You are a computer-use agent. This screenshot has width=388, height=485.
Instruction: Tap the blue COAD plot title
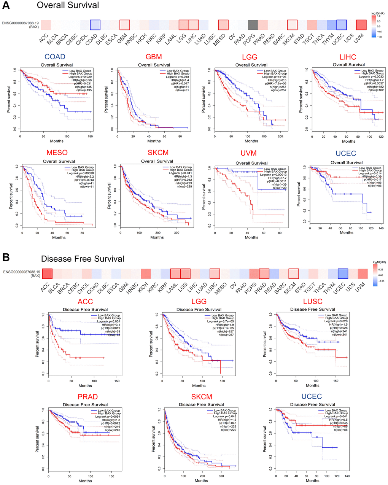[x=55, y=57]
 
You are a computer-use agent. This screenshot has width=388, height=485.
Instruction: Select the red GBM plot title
[x=154, y=57]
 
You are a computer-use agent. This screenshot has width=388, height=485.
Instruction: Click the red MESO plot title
[x=57, y=153]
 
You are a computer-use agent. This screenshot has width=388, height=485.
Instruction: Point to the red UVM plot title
[x=249, y=153]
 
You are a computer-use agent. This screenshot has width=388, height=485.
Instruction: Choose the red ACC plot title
[x=85, y=301]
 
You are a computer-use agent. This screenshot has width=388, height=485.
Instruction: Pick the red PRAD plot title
[x=88, y=397]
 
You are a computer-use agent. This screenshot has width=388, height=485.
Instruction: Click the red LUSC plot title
[x=313, y=301]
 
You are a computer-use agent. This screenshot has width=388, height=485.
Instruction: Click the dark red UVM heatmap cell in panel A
[x=361, y=25]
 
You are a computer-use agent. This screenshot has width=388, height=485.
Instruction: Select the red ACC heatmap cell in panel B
[x=47, y=274]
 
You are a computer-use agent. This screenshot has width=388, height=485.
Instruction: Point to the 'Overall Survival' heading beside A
[x=68, y=5]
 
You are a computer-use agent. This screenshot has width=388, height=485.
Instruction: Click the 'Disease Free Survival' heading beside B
[x=83, y=259]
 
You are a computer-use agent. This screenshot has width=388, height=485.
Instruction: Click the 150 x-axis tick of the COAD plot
[x=90, y=136]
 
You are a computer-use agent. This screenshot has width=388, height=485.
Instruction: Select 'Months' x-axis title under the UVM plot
[x=251, y=237]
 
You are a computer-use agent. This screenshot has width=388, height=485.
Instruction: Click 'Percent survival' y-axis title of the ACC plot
[x=38, y=343]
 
